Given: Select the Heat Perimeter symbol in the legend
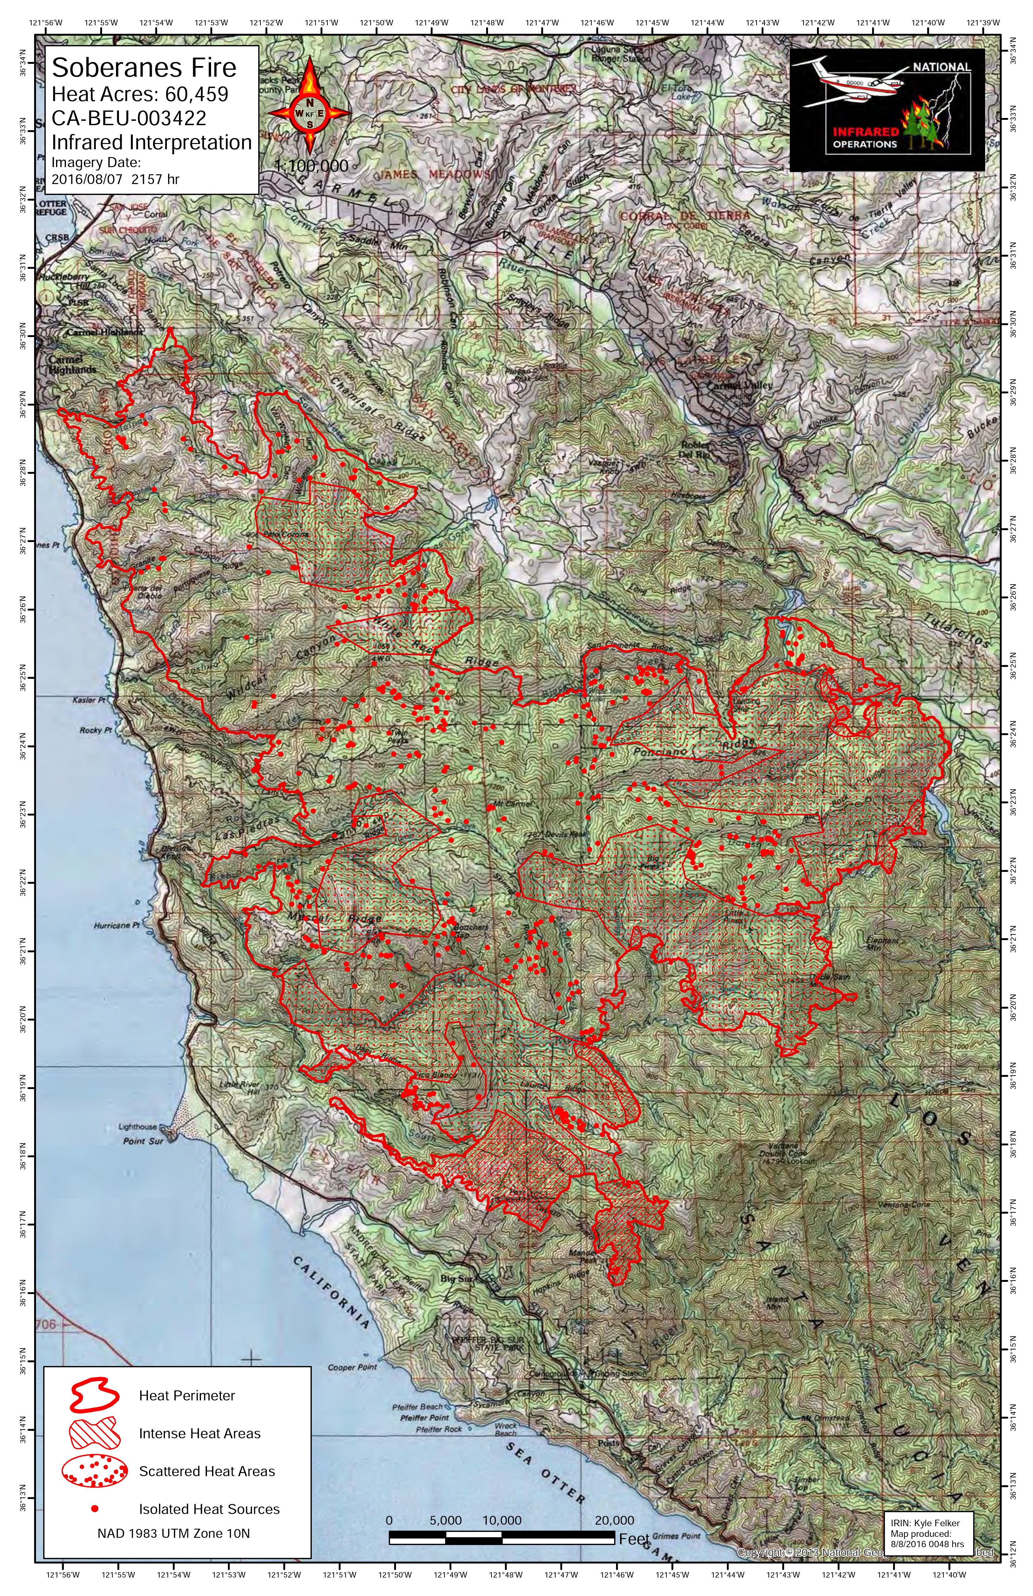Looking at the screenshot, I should (94, 1395).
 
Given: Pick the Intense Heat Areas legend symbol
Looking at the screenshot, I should (94, 1433).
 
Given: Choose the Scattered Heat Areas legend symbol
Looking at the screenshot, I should (94, 1471).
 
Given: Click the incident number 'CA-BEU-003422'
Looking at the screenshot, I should (129, 118).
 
